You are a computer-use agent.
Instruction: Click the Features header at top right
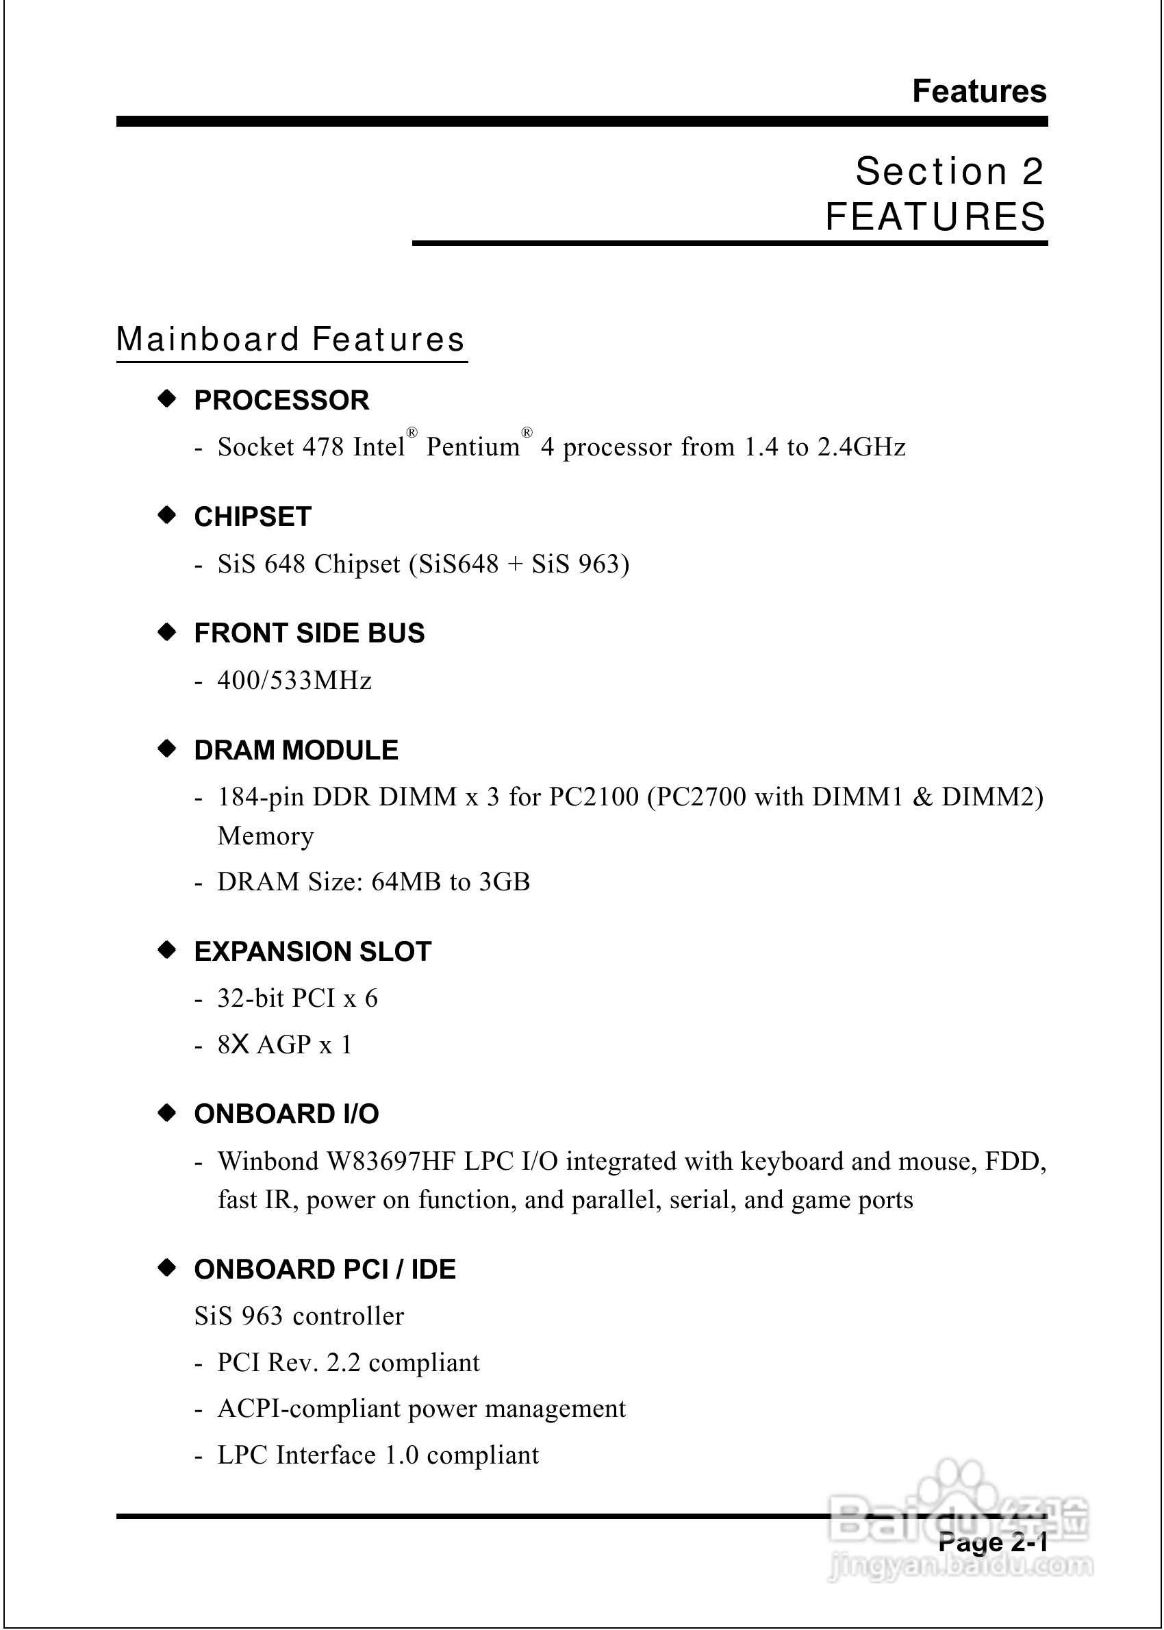pyautogui.click(x=978, y=92)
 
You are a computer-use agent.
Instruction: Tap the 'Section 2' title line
pyautogui.click(x=949, y=171)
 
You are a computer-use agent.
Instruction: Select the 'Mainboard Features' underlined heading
pyautogui.click(x=290, y=340)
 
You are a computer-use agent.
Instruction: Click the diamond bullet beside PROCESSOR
pyautogui.click(x=167, y=399)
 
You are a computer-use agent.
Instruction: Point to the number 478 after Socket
pyautogui.click(x=323, y=447)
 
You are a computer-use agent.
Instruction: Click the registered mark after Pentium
pyautogui.click(x=527, y=432)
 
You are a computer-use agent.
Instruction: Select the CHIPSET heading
pyautogui.click(x=252, y=517)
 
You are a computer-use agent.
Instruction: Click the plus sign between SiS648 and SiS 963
pyautogui.click(x=515, y=565)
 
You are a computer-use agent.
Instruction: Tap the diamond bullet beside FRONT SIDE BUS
pyautogui.click(x=167, y=632)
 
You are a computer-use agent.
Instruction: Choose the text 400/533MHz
pyautogui.click(x=294, y=680)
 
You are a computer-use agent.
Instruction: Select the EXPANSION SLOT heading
pyautogui.click(x=312, y=951)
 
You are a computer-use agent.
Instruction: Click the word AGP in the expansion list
pyautogui.click(x=284, y=1045)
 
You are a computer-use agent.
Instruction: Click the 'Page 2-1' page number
pyautogui.click(x=993, y=1542)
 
